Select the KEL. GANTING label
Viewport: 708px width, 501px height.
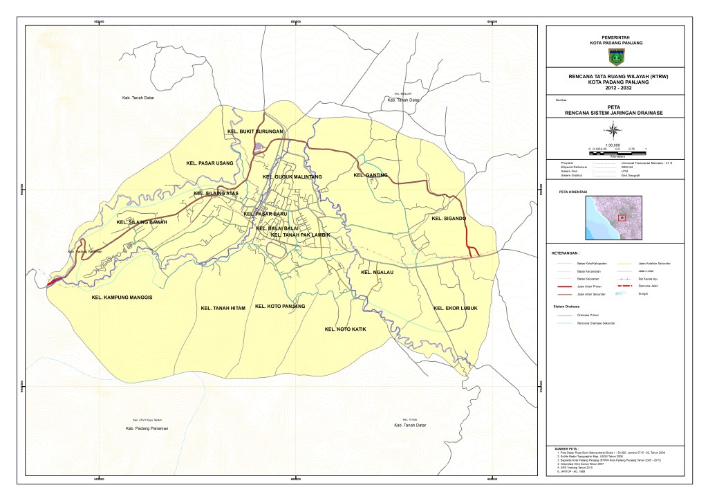(x=371, y=175)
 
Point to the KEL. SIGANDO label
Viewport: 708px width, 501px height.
(x=449, y=219)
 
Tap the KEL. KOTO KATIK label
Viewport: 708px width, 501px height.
(x=345, y=329)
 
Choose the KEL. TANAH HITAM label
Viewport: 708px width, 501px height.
(x=223, y=308)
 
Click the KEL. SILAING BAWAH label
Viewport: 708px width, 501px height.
(x=142, y=222)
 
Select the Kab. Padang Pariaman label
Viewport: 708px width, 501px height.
(x=147, y=429)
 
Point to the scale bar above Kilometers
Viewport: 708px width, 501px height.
(x=615, y=149)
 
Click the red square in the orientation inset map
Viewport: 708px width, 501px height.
(x=622, y=217)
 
